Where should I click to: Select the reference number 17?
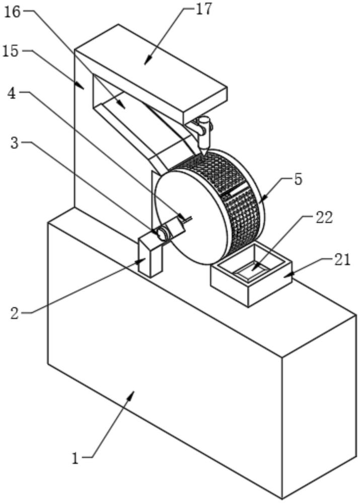pyautogui.click(x=203, y=9)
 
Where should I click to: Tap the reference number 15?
pyautogui.click(x=11, y=51)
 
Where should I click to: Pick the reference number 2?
pyautogui.click(x=15, y=313)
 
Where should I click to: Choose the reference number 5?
pyautogui.click(x=298, y=180)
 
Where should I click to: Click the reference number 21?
pyautogui.click(x=342, y=260)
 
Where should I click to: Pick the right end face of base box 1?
pyautogui.click(x=319, y=406)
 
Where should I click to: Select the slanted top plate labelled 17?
pyautogui.click(x=151, y=68)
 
